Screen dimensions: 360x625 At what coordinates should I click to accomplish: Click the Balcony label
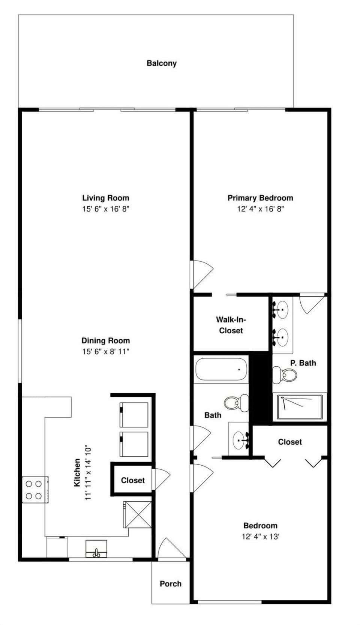162,63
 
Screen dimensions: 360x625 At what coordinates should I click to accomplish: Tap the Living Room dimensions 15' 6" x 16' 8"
106,209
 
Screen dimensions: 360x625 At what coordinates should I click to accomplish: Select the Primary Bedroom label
260,198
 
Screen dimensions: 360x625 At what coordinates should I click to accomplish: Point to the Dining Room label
106,340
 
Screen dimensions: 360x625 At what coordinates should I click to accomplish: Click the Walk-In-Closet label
231,325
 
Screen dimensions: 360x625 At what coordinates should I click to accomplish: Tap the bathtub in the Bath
221,369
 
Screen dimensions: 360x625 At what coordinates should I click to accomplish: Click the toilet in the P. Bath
284,375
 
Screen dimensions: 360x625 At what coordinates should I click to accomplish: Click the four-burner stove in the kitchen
35,490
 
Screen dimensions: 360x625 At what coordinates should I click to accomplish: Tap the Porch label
171,584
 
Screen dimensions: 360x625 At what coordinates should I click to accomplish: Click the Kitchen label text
77,472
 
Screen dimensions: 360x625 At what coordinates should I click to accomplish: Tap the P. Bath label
303,363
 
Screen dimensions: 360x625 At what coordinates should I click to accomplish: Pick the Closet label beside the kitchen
133,480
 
